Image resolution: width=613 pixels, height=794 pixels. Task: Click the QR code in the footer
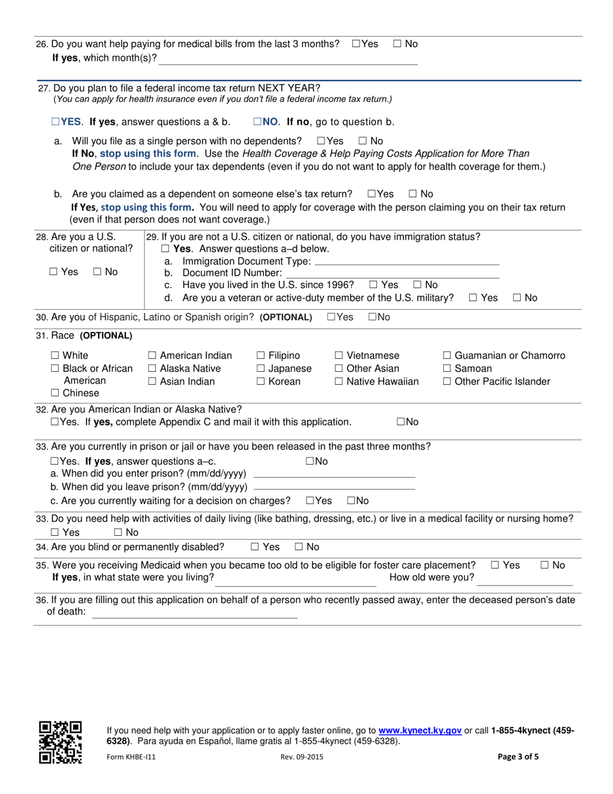tap(61, 742)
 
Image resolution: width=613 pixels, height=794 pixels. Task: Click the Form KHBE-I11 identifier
tap(131, 758)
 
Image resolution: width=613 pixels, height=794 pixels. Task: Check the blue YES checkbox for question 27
tap(55, 121)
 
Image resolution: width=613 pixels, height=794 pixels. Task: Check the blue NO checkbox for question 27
tap(257, 121)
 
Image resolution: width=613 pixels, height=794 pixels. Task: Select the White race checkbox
tap(55, 356)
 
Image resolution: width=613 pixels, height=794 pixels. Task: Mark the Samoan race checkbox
tap(447, 369)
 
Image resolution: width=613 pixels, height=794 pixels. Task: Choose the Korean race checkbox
tap(261, 382)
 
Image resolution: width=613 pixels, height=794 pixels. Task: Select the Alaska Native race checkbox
tap(152, 369)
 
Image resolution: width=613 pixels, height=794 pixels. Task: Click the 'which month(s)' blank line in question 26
tap(288, 63)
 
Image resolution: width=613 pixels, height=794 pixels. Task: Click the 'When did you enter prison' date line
tap(335, 476)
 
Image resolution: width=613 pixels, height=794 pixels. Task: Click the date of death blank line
tap(195, 617)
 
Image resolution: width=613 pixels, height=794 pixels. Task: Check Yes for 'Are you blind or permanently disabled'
tap(255, 547)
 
